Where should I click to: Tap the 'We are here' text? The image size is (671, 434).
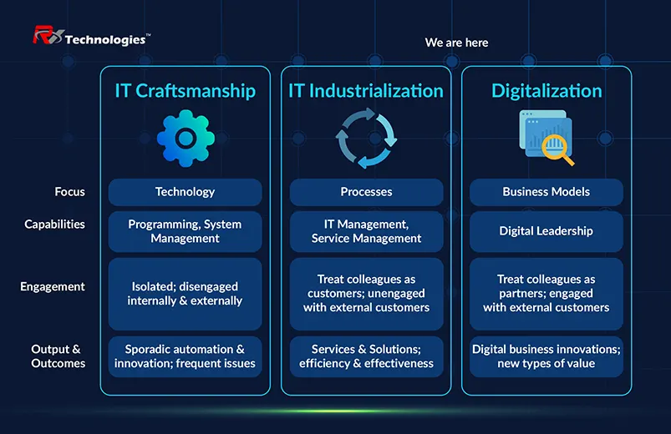(456, 43)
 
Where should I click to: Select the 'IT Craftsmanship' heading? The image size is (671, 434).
(186, 91)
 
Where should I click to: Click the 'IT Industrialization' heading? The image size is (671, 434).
(366, 91)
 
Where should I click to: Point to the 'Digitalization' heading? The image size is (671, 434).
(546, 91)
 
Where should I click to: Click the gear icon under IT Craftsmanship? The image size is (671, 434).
(186, 138)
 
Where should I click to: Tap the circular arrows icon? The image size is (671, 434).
(366, 138)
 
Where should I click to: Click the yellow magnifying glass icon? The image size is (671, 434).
(557, 149)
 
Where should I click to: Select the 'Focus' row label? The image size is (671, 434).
(69, 192)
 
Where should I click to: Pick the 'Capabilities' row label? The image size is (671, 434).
(55, 224)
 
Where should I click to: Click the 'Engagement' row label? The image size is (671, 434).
(53, 286)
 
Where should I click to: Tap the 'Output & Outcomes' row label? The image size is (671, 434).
(58, 356)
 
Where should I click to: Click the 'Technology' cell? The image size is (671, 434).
(185, 192)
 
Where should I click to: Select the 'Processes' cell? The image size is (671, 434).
(366, 192)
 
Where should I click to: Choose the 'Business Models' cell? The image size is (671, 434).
(546, 192)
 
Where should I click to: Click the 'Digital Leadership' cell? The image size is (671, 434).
(546, 231)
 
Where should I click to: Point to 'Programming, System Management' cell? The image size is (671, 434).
(185, 231)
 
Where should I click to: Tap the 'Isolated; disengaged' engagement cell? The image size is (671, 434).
(185, 294)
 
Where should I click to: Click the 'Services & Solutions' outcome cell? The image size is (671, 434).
(366, 356)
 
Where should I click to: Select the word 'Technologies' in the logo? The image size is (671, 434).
(105, 40)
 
